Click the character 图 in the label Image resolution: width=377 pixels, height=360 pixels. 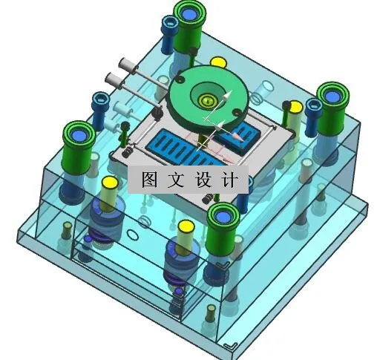coord(149,179)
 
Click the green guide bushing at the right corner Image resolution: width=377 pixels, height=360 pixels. coord(332,96)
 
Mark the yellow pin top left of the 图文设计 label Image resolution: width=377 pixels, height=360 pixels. coord(108,182)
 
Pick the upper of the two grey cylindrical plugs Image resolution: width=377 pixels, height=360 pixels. coord(125,65)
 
